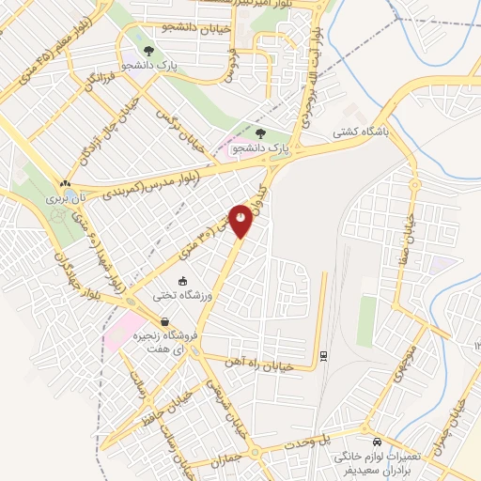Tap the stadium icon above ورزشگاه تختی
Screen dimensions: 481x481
click(182, 280)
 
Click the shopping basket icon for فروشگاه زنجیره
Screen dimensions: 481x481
click(165, 321)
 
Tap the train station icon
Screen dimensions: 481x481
click(323, 356)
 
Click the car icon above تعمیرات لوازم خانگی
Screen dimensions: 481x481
click(377, 442)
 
